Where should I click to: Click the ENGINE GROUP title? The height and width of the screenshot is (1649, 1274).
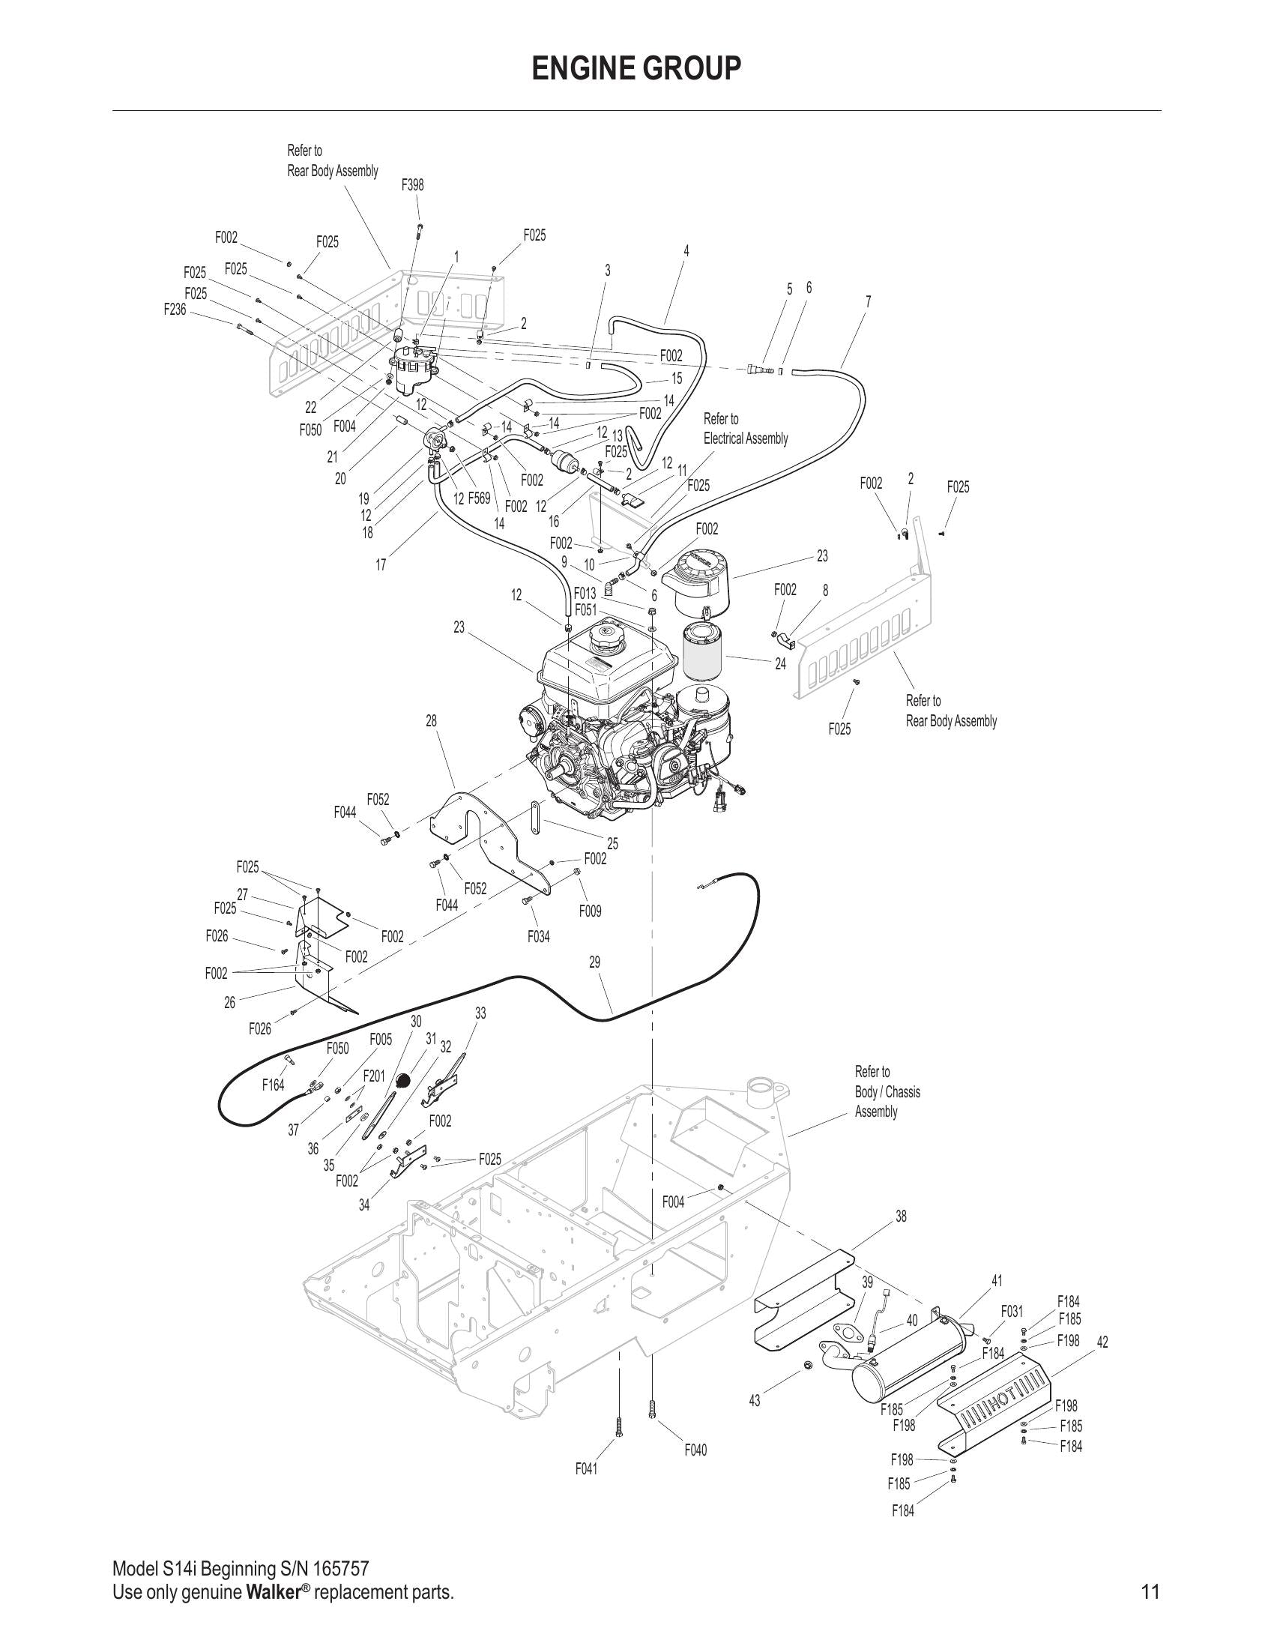(636, 69)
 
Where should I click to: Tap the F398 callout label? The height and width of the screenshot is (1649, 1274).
(412, 184)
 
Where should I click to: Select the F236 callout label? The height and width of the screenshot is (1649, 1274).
(175, 309)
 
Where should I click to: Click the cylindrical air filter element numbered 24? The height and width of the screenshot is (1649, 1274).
(702, 648)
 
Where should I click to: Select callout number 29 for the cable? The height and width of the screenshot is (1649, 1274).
(595, 962)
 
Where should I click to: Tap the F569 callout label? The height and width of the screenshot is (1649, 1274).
(479, 498)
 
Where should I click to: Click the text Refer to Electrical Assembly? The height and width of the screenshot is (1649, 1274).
(745, 428)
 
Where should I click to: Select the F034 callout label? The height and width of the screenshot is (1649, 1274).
(538, 936)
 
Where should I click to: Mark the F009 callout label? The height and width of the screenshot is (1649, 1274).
(591, 911)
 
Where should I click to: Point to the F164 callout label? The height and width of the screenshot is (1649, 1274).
(274, 1085)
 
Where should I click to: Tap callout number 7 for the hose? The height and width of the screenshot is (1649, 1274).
(868, 301)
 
